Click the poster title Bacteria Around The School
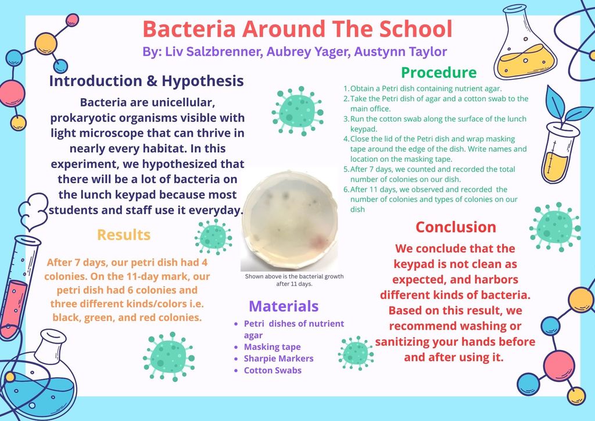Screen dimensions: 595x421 (x=297, y=28)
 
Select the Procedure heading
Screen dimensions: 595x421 (x=439, y=72)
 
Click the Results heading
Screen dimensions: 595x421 (x=124, y=234)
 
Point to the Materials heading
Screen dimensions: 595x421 (x=284, y=306)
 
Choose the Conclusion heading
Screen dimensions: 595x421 (x=456, y=227)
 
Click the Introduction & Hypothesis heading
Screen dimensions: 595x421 (x=146, y=81)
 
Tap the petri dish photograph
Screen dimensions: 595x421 (x=289, y=220)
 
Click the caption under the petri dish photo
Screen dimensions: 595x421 (x=294, y=280)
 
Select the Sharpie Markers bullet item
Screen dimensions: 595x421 (x=278, y=358)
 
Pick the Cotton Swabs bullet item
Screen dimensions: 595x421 (x=273, y=370)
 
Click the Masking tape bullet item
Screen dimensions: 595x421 (x=272, y=347)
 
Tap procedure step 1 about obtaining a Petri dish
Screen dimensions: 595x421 (x=422, y=88)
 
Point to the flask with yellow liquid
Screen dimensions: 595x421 (x=525, y=42)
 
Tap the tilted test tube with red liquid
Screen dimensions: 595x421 (x=17, y=287)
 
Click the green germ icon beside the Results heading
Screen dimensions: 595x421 (x=213, y=237)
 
